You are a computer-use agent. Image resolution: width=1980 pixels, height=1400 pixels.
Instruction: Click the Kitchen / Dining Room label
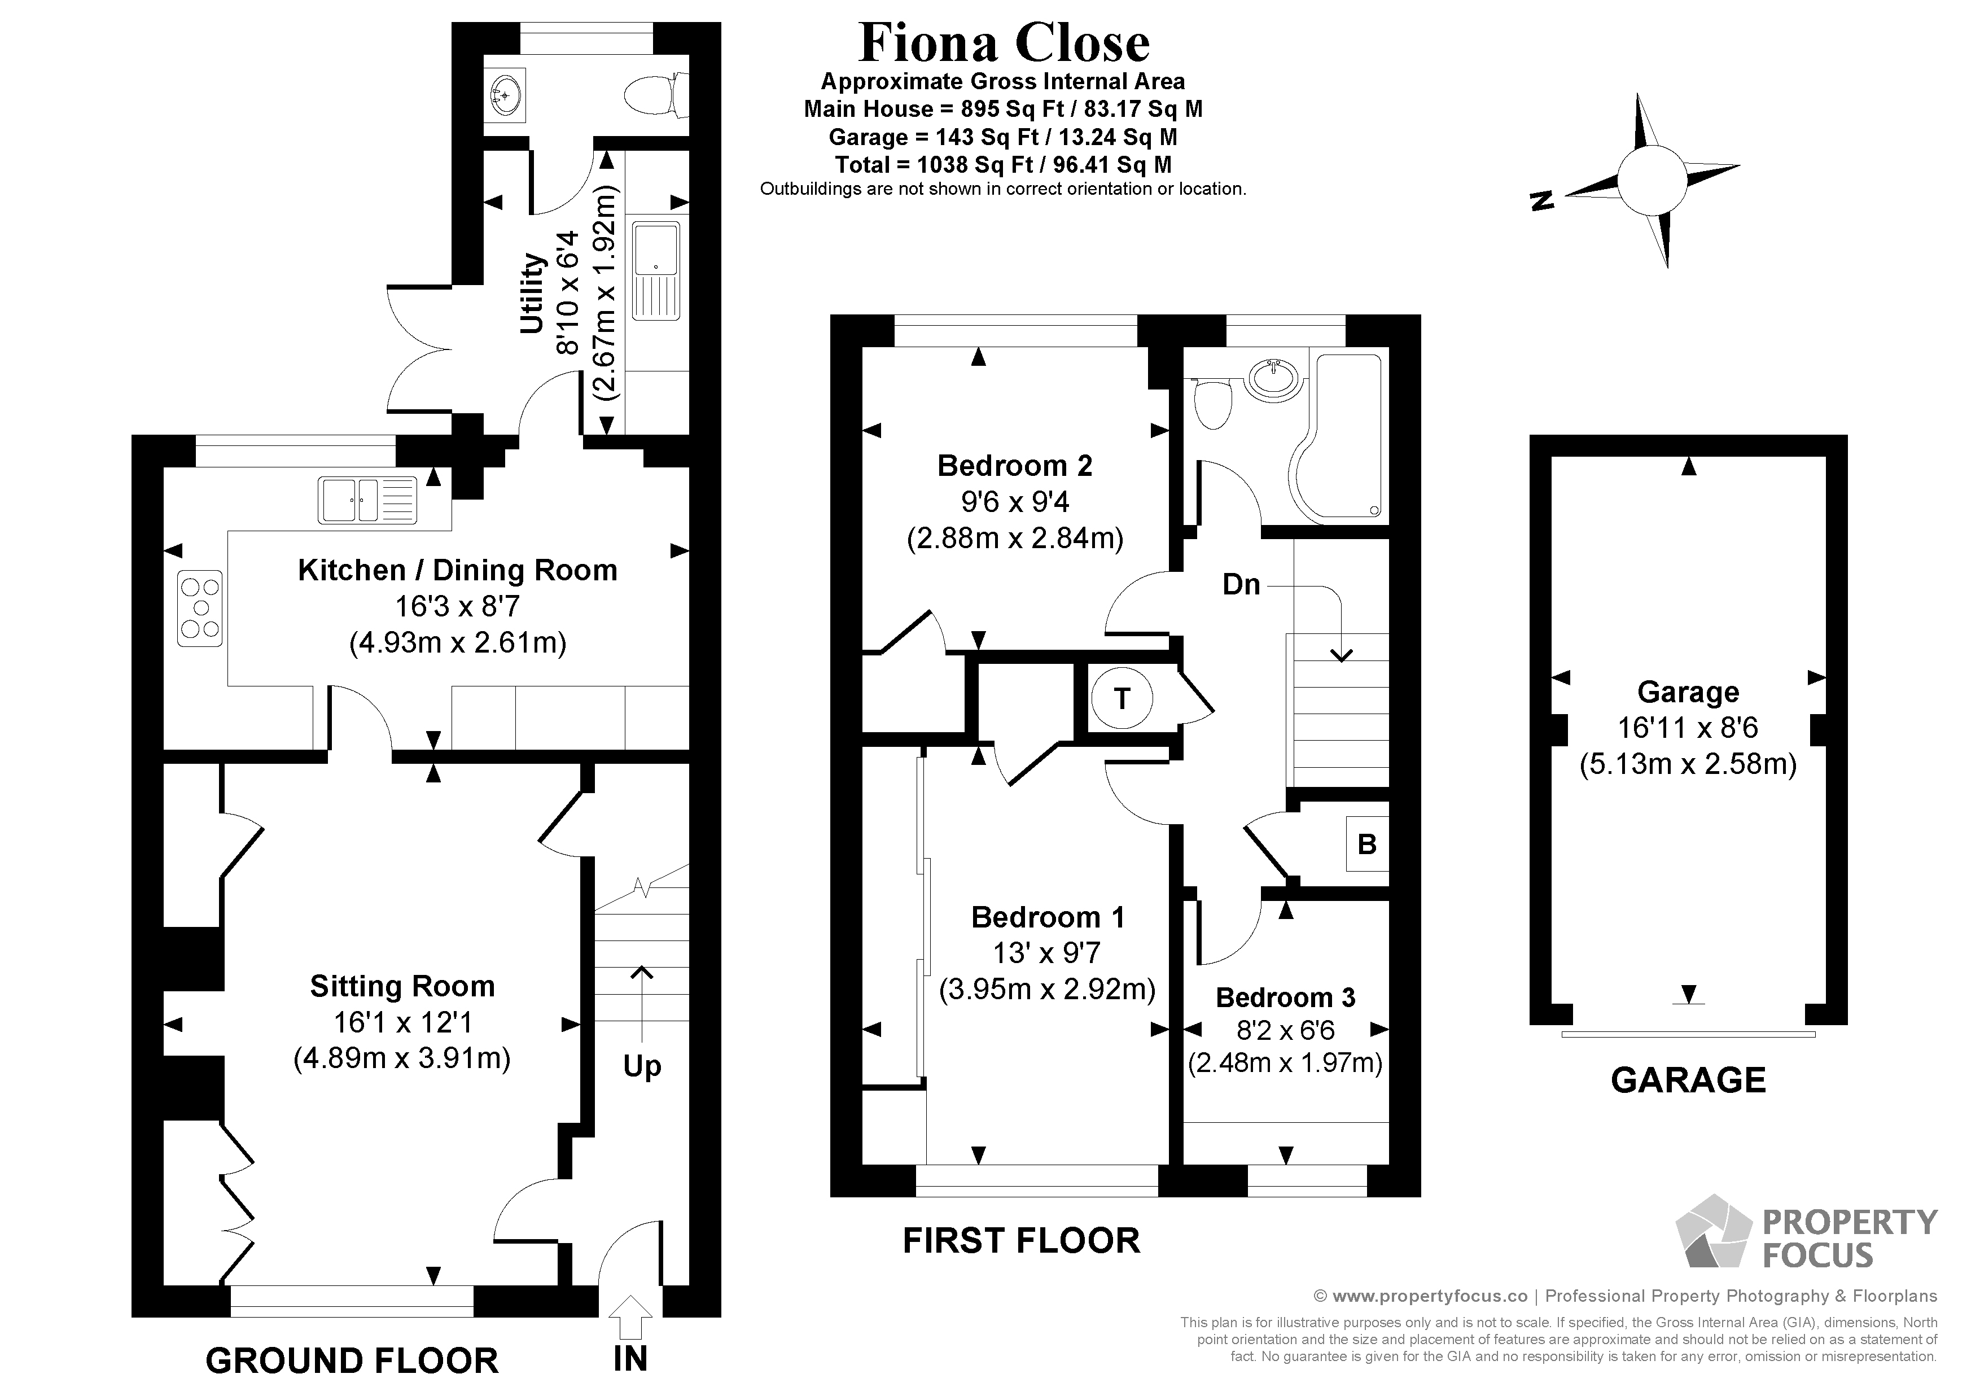[x=457, y=570]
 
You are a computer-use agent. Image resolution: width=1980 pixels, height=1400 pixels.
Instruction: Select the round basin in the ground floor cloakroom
[x=506, y=94]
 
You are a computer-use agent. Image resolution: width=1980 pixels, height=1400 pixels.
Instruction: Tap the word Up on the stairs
[x=642, y=1067]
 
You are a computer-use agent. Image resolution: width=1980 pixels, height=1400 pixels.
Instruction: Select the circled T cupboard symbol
[x=1121, y=698]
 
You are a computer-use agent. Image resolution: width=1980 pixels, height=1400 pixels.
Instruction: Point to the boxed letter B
[x=1367, y=843]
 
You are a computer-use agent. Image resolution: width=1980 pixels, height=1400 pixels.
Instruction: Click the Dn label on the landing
[x=1241, y=585]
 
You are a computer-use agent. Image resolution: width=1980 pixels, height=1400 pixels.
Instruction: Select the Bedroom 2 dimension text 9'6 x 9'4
[x=1015, y=502]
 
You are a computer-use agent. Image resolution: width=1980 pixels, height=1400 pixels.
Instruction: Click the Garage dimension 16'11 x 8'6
[x=1688, y=728]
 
